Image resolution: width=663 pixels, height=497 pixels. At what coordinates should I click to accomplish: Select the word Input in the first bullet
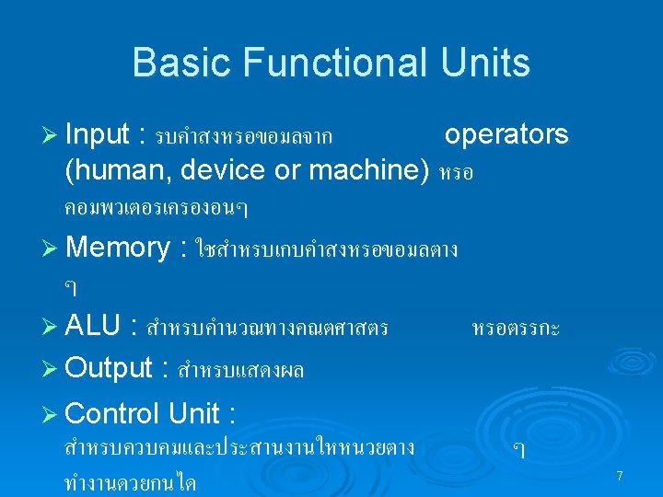[98, 135]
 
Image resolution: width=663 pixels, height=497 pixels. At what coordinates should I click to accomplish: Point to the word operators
[506, 135]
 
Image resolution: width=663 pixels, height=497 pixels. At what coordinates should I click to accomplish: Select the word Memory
[118, 247]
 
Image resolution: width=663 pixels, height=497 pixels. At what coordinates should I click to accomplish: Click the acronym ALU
[94, 326]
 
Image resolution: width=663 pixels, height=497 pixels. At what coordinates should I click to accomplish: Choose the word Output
[109, 368]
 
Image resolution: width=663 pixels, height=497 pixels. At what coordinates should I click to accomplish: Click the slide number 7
[620, 476]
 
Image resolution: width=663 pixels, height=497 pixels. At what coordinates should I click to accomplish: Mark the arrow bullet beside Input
[52, 136]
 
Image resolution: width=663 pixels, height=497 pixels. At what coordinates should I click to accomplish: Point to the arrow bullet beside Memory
[52, 248]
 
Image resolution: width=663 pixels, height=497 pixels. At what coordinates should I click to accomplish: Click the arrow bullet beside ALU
[52, 327]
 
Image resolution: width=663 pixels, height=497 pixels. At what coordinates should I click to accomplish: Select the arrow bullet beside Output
[52, 369]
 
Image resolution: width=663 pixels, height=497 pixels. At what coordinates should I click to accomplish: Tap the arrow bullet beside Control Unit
[52, 414]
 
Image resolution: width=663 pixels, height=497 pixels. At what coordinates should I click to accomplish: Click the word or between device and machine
[290, 170]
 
